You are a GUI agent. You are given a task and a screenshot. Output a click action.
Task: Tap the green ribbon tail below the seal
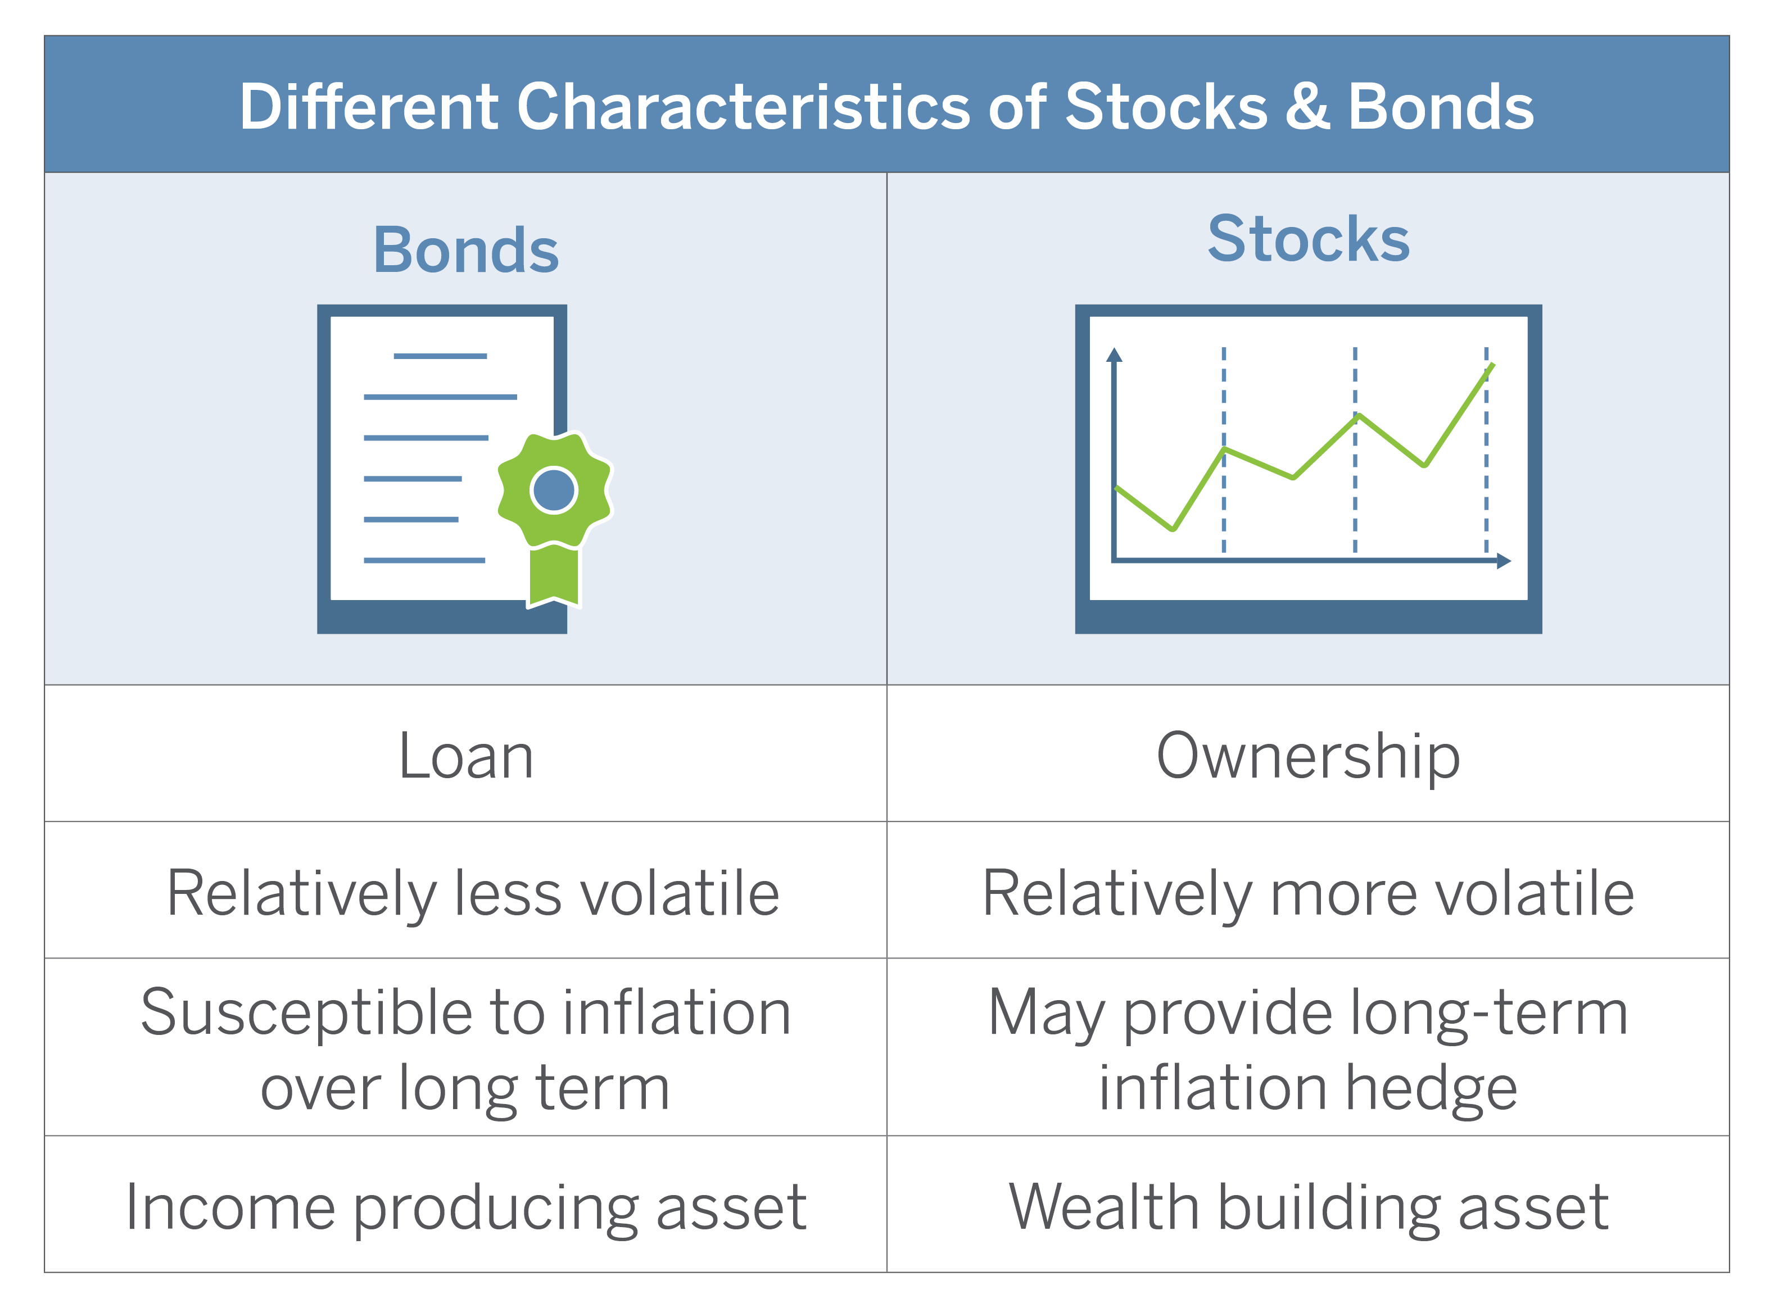(554, 576)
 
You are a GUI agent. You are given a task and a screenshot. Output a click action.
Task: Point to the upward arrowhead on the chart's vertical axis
(1114, 355)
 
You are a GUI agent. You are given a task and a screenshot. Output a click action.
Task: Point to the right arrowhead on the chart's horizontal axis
(1504, 561)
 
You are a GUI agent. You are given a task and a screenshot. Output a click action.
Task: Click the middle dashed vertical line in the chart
(1355, 449)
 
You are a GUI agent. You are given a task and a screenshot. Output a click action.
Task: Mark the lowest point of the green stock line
(1173, 528)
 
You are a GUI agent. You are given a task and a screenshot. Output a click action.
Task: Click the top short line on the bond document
(440, 356)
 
